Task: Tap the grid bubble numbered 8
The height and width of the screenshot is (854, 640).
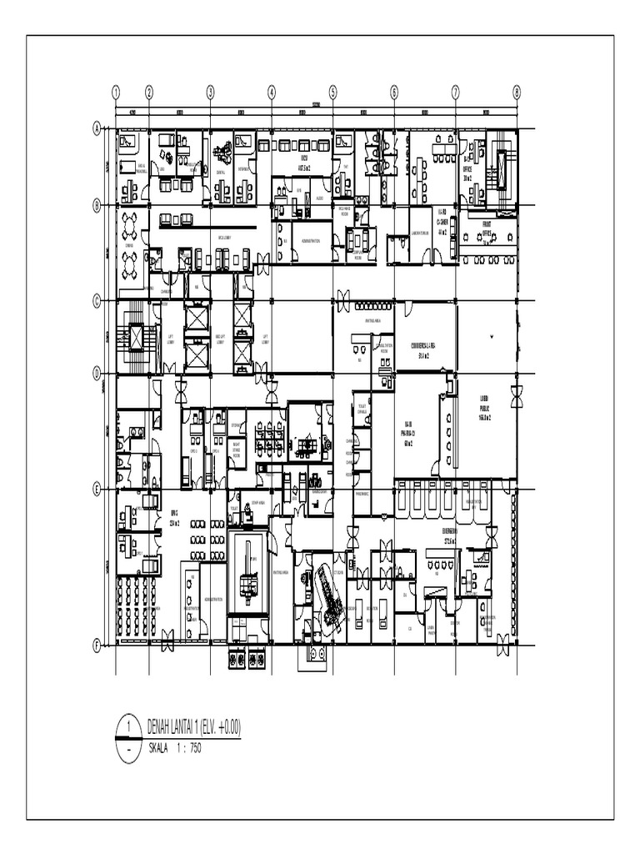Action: point(517,92)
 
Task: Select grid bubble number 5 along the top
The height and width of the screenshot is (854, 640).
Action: point(332,92)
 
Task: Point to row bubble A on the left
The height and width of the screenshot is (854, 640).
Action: point(97,128)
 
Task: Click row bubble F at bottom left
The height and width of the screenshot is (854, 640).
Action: point(97,645)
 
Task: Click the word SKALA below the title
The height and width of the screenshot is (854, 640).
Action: point(157,748)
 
